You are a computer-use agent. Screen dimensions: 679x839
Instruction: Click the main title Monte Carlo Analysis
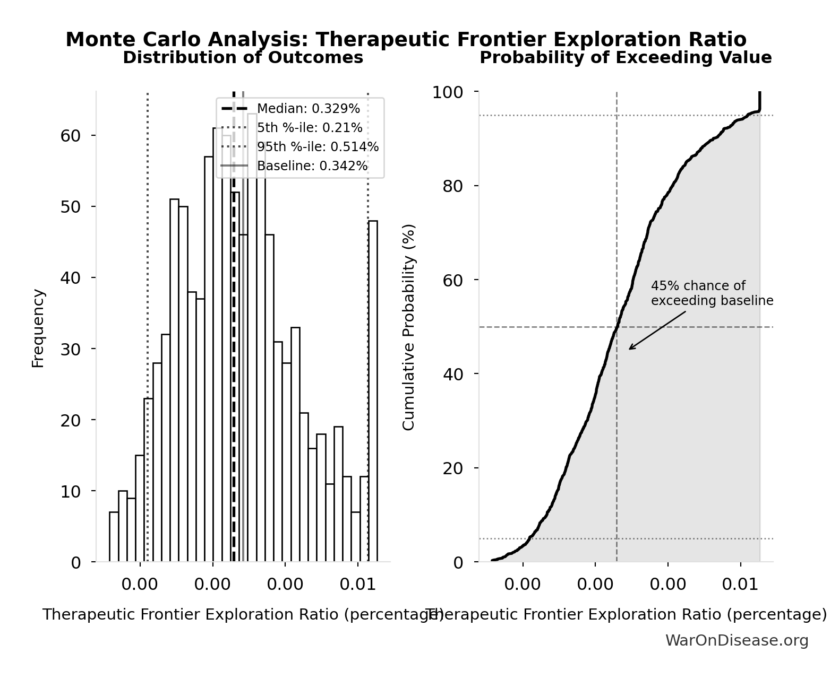tap(406, 40)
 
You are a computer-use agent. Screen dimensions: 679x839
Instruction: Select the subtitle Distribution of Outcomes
tap(243, 58)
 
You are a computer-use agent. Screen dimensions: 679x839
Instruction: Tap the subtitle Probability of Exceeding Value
tap(626, 58)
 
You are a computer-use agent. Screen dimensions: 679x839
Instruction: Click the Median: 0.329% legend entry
tap(308, 109)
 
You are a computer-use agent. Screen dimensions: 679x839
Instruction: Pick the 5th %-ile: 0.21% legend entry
tap(310, 128)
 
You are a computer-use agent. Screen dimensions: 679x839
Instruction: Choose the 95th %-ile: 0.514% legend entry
tap(318, 147)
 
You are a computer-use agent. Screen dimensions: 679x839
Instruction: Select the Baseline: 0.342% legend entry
tap(312, 166)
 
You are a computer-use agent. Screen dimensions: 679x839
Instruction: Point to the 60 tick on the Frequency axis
tap(70, 136)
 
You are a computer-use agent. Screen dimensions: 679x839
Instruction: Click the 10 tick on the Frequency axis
tap(70, 491)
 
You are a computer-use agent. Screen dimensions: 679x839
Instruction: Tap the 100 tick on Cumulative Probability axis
tap(447, 92)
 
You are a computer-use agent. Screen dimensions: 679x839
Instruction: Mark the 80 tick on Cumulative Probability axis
tap(452, 186)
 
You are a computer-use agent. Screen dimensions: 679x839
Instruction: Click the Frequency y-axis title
tap(38, 328)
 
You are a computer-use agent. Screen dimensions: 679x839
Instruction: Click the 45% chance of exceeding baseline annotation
tap(712, 293)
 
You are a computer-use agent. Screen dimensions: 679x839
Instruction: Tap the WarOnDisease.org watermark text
tap(737, 641)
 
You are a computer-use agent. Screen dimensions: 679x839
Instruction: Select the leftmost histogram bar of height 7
tap(114, 537)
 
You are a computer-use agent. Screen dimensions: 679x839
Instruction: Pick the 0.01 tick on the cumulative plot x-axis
tap(741, 585)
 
